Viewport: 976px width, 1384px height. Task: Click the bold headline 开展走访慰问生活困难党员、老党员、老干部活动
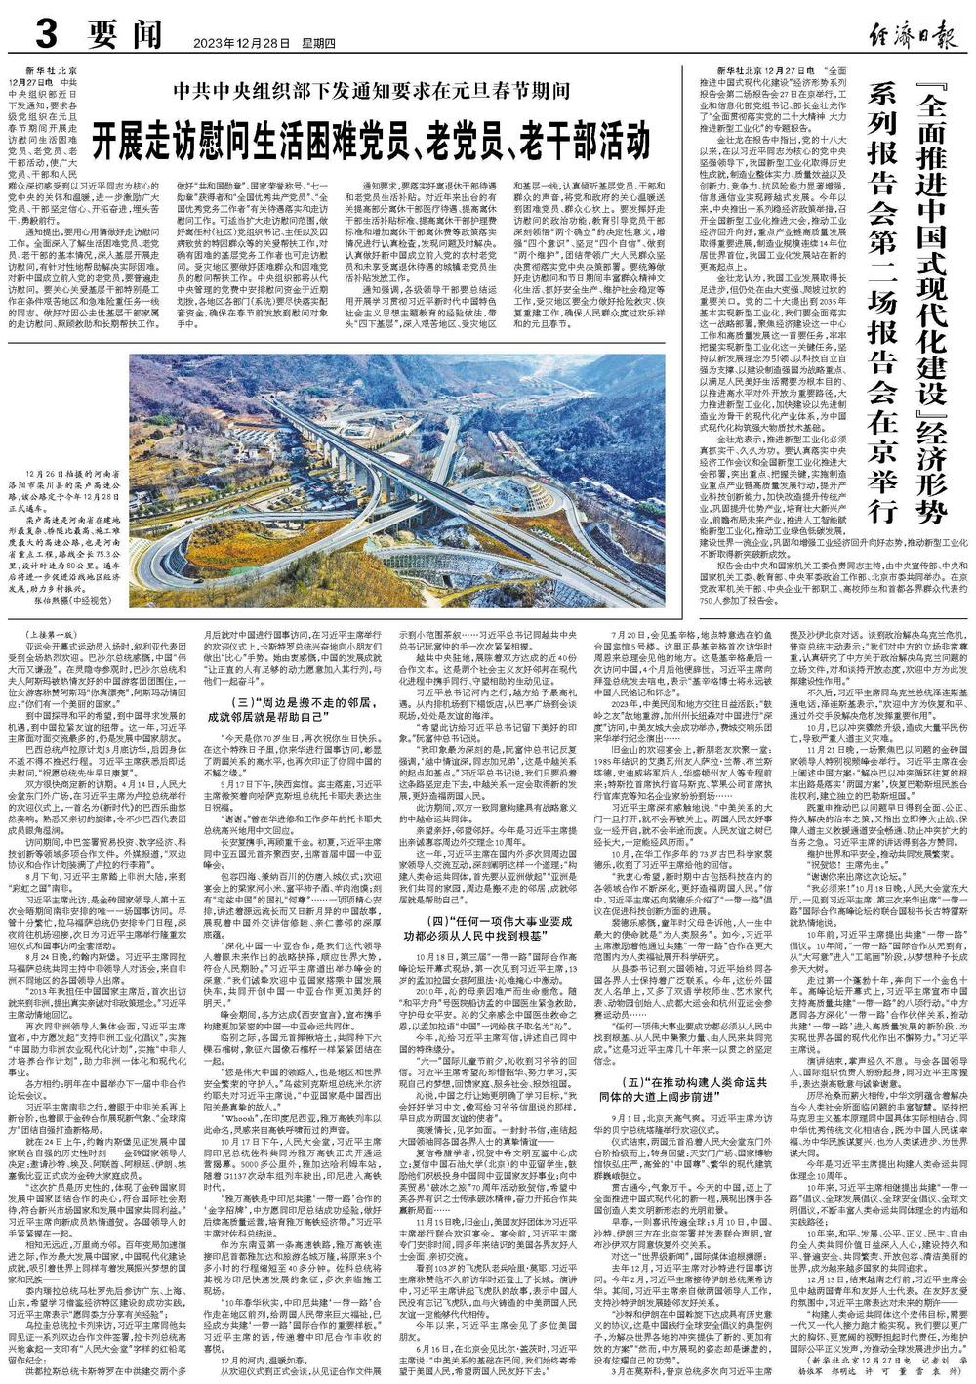[370, 132]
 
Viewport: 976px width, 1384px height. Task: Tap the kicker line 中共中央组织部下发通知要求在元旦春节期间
[372, 90]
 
